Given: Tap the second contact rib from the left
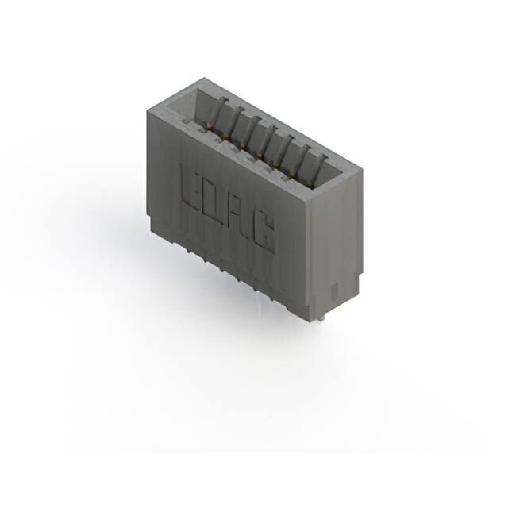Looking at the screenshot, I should [x=236, y=120].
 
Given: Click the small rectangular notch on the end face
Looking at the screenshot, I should [x=333, y=287].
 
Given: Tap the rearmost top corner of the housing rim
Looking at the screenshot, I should [x=204, y=78].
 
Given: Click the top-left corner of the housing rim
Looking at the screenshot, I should [x=148, y=111].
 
